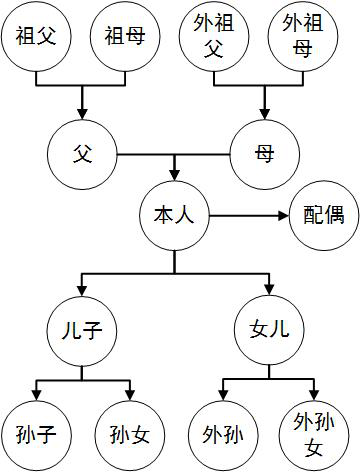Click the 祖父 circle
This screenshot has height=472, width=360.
coord(36,36)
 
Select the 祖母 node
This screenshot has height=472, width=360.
coord(125,36)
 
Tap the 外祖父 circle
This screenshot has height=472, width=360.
coord(214,36)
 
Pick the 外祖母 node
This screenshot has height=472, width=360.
coord(303,36)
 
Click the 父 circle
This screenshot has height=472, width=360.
coord(82,154)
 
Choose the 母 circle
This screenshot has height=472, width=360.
coord(265,154)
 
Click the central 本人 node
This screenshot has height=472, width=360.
coord(174,216)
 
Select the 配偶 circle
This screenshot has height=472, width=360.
coord(324,216)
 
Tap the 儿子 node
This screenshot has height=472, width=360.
coord(82,331)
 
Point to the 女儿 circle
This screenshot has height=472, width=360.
coord(269,330)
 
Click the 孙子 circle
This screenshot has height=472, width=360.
coord(36,435)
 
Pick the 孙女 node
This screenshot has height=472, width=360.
coord(130,435)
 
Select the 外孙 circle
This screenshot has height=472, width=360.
coord(223,435)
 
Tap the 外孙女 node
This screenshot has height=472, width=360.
coord(314,435)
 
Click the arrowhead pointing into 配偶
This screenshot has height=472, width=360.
coord(283,216)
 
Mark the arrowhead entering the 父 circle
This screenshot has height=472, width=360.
coord(82,114)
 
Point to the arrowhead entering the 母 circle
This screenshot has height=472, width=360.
coord(265,114)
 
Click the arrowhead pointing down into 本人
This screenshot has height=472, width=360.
coord(174,176)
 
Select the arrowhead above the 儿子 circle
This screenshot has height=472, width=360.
coord(82,291)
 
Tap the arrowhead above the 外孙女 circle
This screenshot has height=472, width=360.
coord(314,395)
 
